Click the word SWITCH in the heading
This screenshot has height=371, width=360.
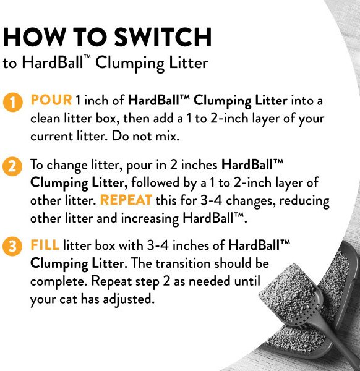(x=163, y=37)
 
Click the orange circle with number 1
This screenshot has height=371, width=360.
(x=13, y=103)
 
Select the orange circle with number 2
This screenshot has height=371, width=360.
(x=12, y=167)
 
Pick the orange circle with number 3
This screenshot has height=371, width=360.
(x=12, y=246)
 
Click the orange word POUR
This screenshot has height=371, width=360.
(x=51, y=100)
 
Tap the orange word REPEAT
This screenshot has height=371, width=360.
(x=126, y=200)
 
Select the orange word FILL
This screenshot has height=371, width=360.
(x=45, y=245)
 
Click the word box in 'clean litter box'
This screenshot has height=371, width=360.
(x=106, y=118)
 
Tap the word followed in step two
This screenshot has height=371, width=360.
(x=155, y=182)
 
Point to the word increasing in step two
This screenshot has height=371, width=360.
(x=150, y=219)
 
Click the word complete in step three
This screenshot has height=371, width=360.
(x=58, y=282)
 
